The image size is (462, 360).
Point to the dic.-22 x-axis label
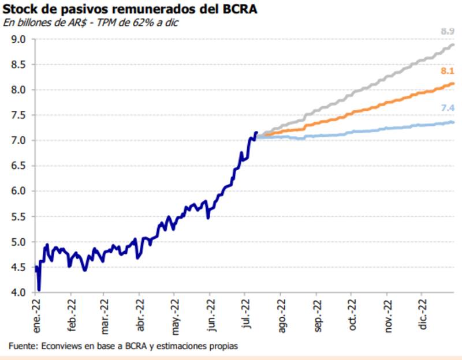click(423, 314)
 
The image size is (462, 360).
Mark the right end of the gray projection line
click(453, 44)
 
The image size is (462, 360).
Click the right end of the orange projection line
click(453, 84)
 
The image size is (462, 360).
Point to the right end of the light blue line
click(453, 122)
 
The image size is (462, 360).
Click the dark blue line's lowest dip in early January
click(39, 290)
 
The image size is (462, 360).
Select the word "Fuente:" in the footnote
click(22, 346)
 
